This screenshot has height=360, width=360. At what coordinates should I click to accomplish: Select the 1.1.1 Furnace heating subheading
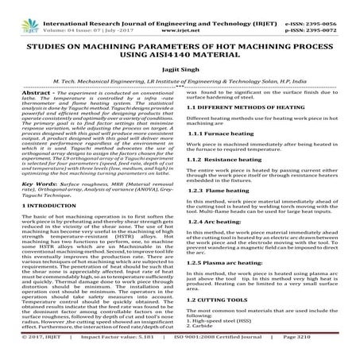[x=222, y=134]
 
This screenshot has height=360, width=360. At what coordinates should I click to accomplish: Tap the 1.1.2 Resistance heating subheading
[x=226, y=161]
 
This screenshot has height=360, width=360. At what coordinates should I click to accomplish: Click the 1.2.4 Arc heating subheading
[x=218, y=221]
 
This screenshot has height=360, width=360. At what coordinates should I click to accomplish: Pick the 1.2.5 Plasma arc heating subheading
[x=230, y=260]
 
